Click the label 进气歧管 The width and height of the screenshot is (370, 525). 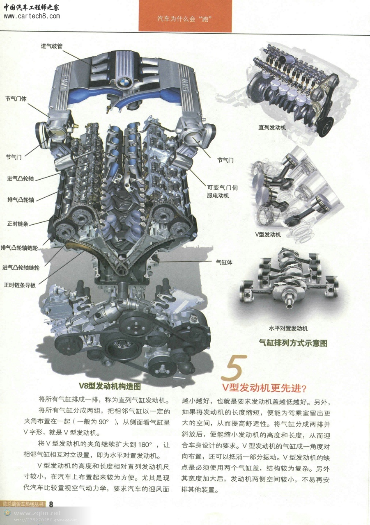(52, 46)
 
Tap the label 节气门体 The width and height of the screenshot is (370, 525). (16, 99)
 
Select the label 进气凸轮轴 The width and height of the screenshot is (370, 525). (21, 178)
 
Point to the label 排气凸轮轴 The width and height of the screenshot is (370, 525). (21, 200)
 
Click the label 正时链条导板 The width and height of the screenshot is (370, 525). (20, 285)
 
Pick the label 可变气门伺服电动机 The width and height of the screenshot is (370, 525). (222, 192)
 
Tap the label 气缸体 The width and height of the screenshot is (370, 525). (224, 262)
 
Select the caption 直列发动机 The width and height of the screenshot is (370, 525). (272, 128)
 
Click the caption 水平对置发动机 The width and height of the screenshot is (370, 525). (288, 329)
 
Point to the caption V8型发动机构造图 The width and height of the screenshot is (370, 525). (110, 386)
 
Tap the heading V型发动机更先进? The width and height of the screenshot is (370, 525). (264, 388)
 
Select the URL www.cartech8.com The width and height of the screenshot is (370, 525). (32, 16)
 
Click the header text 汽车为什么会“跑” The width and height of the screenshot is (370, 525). (185, 19)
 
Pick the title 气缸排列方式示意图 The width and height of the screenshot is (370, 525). (293, 343)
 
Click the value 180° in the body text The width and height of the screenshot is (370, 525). (145, 445)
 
